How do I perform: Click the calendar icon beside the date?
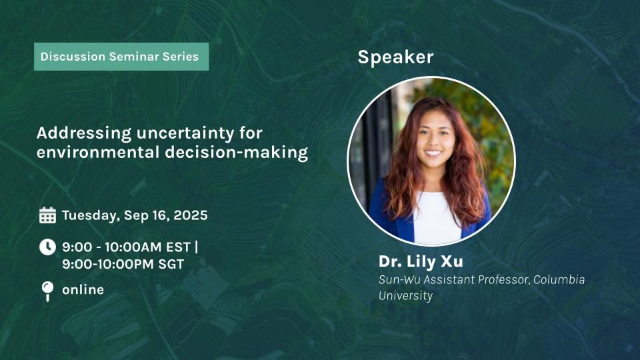click(47, 215)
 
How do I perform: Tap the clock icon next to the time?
click(47, 247)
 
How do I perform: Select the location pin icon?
click(47, 291)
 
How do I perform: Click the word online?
click(83, 290)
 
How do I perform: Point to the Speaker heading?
click(395, 57)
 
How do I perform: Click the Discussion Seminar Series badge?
click(121, 57)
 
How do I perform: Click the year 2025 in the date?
click(191, 215)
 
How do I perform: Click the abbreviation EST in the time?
click(178, 247)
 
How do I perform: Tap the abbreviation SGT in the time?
click(171, 264)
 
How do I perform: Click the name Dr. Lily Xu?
click(421, 261)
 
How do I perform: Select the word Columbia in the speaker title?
click(559, 279)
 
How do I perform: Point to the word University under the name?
click(405, 295)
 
